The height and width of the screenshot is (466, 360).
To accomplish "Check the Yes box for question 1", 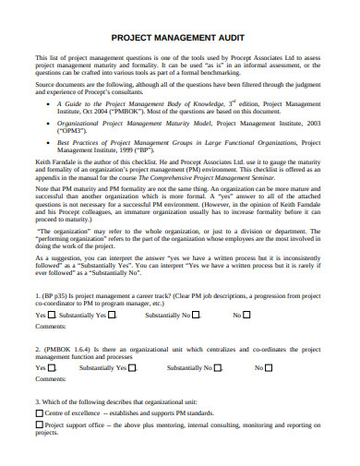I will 52,315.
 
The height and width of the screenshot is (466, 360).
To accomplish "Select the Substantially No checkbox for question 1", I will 196,315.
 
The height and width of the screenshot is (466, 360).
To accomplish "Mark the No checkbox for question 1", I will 246,315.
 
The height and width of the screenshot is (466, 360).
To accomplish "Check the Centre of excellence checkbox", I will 39,414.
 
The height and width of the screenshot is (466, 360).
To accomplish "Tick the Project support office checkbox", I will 39,426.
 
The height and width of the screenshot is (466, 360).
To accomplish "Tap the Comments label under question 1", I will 50,327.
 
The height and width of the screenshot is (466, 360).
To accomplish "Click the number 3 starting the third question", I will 37,401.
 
